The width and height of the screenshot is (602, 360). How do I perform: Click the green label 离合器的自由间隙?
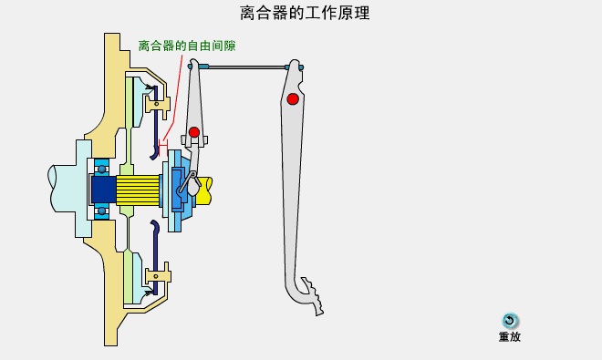(186, 46)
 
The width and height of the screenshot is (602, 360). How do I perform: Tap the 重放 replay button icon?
(510, 321)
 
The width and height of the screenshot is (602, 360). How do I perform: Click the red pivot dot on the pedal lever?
(293, 98)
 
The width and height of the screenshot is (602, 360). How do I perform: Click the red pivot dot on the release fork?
(194, 132)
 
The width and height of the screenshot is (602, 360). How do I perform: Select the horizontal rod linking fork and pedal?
(246, 67)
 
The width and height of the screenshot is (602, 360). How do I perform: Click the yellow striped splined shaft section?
(138, 190)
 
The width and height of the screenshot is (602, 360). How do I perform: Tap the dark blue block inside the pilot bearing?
(102, 190)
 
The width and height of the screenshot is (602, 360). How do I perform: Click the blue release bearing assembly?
(175, 190)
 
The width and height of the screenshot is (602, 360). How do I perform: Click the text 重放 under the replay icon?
(510, 337)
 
